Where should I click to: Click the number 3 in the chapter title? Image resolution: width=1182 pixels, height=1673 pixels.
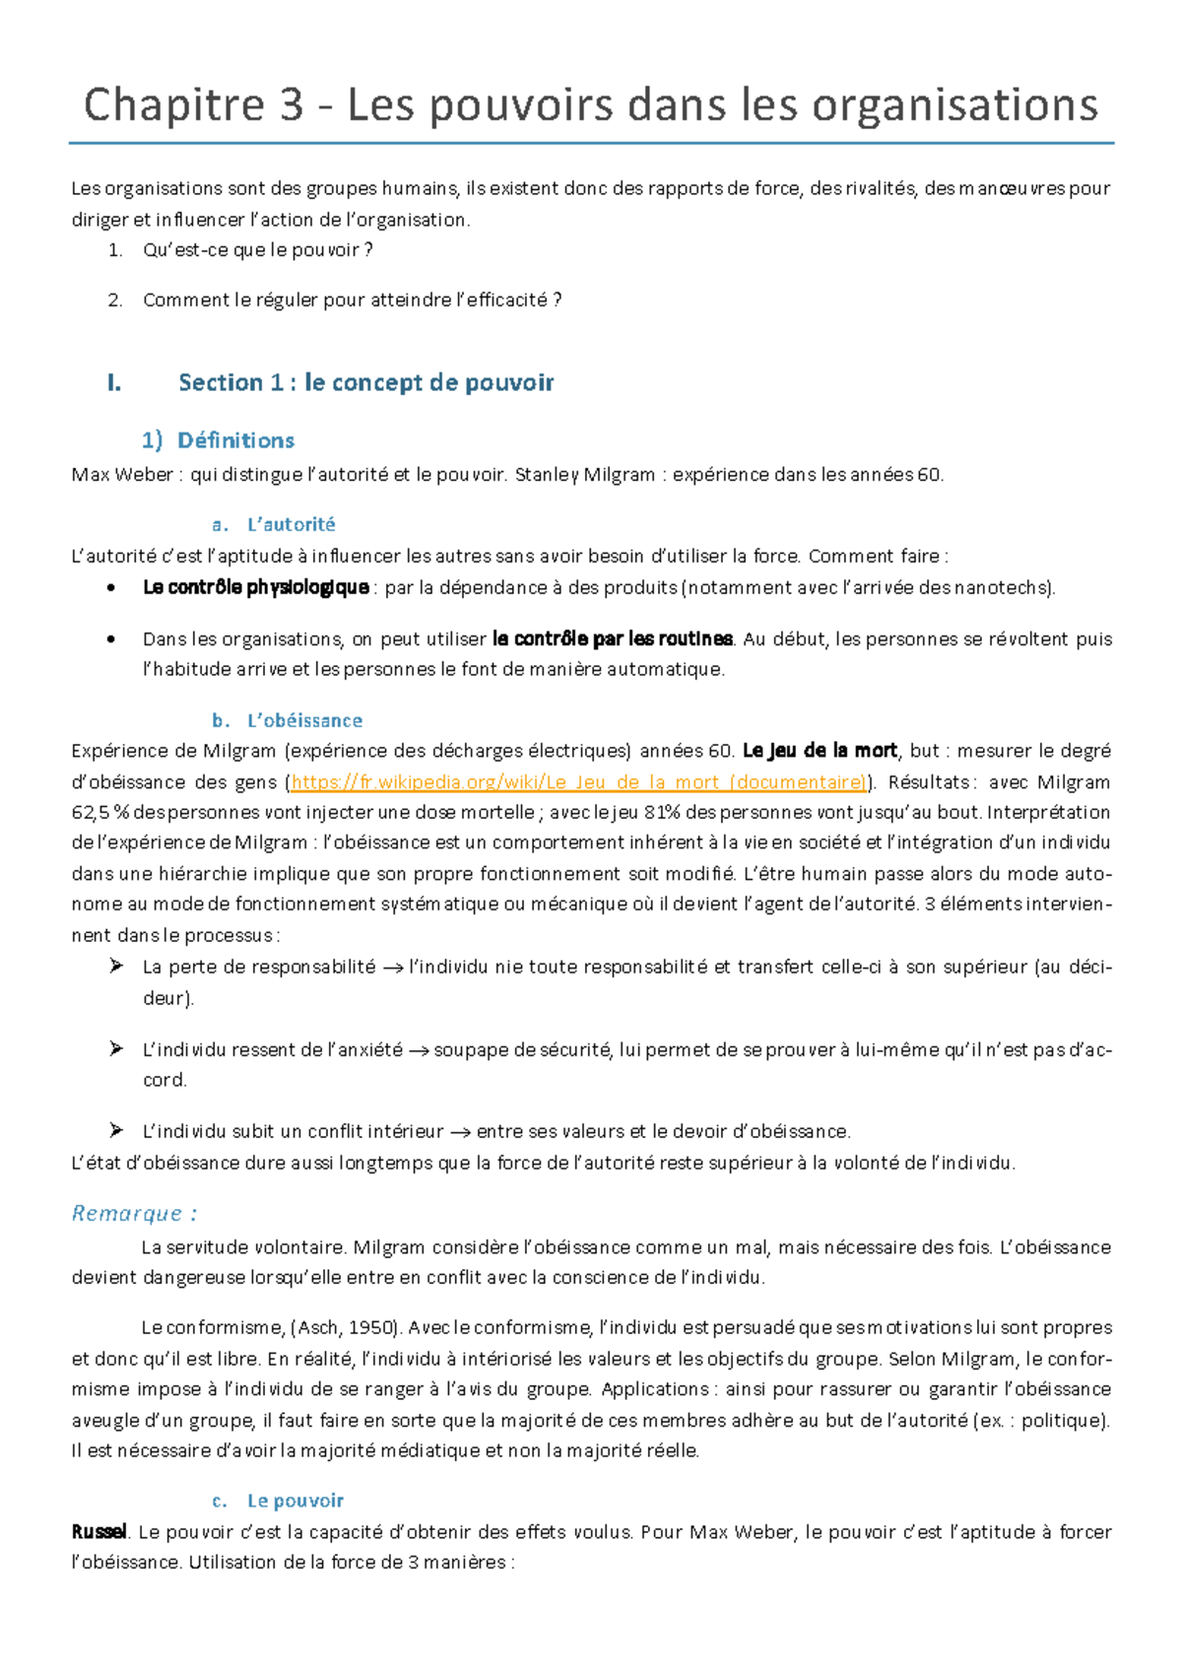tap(291, 105)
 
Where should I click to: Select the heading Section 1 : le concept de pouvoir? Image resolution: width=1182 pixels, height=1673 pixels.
tap(365, 382)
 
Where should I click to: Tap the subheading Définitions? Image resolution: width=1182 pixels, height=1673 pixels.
tap(235, 440)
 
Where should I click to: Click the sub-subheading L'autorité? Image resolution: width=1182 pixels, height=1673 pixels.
tap(291, 524)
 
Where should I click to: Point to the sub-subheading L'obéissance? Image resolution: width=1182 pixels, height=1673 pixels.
tap(304, 720)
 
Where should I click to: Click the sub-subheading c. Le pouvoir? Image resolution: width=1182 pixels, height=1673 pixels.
tap(295, 1501)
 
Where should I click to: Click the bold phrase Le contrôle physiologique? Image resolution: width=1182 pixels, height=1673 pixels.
tap(256, 588)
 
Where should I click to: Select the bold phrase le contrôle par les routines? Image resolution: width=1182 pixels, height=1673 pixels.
tap(612, 638)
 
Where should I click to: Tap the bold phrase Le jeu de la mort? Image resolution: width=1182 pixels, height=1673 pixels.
tap(820, 751)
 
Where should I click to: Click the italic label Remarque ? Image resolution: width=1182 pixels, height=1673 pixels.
tap(134, 1213)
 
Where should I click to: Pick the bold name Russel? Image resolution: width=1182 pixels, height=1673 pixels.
tap(99, 1532)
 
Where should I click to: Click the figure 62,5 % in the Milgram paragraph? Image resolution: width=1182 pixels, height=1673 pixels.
tap(99, 813)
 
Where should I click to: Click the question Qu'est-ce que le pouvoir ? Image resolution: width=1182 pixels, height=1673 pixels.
tap(257, 250)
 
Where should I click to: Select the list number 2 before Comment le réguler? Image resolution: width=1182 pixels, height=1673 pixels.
tap(114, 301)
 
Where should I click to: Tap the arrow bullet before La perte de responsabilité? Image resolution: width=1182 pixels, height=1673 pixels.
tap(116, 967)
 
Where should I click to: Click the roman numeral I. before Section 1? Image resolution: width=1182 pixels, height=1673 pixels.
tap(114, 382)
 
